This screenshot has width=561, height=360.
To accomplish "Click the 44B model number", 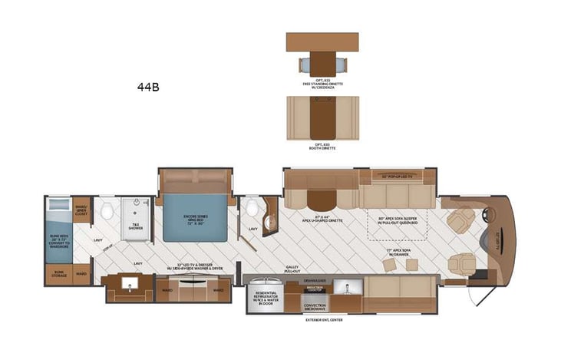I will (149, 87).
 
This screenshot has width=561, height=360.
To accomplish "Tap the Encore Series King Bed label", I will (193, 219).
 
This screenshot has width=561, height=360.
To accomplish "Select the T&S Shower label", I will (136, 226).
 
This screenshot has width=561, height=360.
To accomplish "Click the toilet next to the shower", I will (108, 211).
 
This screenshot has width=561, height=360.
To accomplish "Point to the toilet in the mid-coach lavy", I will (252, 208).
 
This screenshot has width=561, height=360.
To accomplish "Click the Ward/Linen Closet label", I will (81, 208).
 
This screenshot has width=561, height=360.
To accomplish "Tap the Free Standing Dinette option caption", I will (322, 84).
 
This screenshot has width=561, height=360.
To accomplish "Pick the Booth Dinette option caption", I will (322, 145).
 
